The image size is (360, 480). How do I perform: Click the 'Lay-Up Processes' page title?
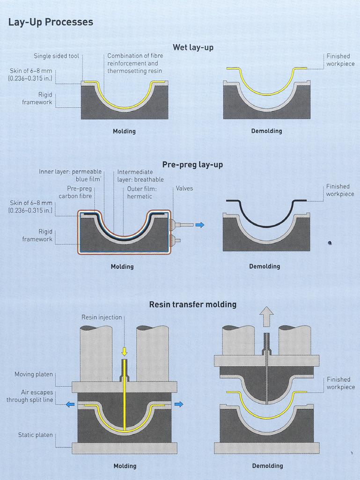(x=51, y=22)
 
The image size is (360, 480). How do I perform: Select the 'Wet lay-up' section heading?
(x=193, y=47)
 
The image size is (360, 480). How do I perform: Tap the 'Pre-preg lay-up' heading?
(x=192, y=164)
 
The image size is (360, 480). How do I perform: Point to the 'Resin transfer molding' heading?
(x=192, y=304)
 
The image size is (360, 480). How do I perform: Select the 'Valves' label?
(x=184, y=189)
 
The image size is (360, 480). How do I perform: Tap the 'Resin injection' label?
(x=102, y=318)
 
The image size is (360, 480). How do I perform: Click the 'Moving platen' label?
(x=34, y=374)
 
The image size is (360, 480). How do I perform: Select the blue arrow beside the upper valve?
(x=200, y=225)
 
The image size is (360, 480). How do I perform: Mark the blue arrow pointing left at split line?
(x=70, y=404)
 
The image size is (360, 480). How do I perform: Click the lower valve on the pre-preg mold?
(x=176, y=242)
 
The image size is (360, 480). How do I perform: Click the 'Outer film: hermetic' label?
(x=140, y=193)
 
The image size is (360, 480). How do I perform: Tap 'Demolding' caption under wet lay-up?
(x=267, y=131)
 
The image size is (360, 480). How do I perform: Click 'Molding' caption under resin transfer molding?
(x=125, y=466)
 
